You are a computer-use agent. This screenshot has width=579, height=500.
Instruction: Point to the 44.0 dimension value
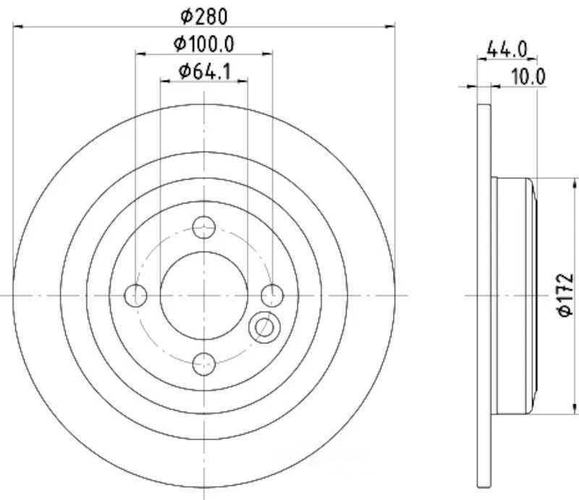[507, 50]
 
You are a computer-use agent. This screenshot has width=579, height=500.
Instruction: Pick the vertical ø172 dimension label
[565, 295]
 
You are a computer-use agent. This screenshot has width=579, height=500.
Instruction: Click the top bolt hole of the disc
[204, 228]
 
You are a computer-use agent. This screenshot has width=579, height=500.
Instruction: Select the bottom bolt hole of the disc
[204, 362]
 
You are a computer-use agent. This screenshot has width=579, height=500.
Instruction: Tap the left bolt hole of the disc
[136, 295]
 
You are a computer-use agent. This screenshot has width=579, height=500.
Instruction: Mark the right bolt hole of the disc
[271, 295]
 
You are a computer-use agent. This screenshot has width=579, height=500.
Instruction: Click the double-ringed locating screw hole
[263, 328]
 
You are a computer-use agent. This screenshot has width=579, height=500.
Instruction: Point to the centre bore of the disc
[204, 295]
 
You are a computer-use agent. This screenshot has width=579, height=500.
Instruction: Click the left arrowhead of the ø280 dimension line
[17, 27]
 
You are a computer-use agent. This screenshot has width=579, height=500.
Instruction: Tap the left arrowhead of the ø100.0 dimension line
[140, 54]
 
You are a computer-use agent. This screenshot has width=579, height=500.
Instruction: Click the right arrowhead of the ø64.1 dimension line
[244, 81]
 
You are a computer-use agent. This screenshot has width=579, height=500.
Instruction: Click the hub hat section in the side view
[514, 295]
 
